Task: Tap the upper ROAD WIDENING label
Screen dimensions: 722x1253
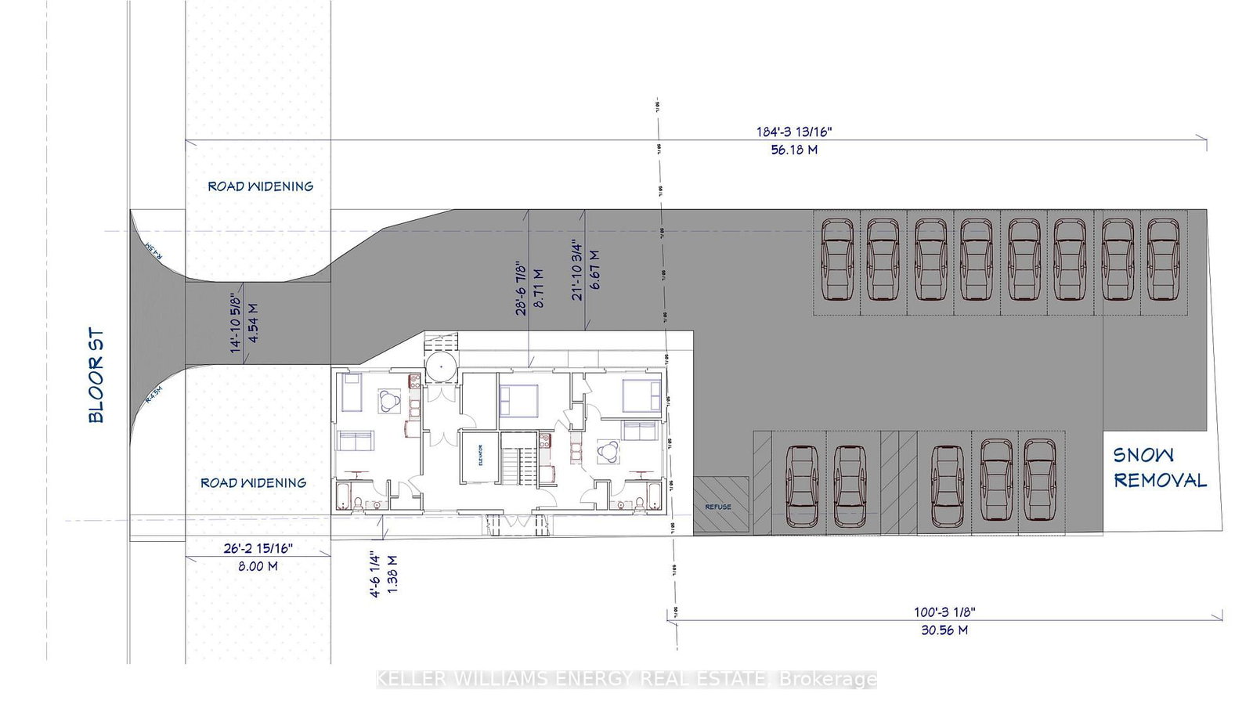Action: tap(260, 186)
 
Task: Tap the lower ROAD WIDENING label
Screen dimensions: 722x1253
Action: tap(253, 483)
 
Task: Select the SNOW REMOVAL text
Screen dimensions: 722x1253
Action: tap(1160, 467)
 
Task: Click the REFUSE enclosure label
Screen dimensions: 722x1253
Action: tap(718, 507)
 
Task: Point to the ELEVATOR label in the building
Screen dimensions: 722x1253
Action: tap(480, 456)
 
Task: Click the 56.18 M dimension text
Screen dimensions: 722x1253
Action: tap(794, 150)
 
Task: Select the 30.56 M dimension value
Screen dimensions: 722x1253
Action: tap(944, 630)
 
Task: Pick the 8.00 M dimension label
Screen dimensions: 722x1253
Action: tap(258, 566)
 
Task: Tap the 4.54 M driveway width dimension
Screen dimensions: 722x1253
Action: tap(254, 323)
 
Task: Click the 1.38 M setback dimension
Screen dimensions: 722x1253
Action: tap(393, 576)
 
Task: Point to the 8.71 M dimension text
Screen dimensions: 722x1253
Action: tap(539, 287)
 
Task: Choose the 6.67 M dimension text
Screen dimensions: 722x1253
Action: tap(594, 270)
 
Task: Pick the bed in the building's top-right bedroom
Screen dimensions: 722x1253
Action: tap(641, 395)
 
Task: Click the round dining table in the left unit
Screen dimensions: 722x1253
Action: tap(389, 401)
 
